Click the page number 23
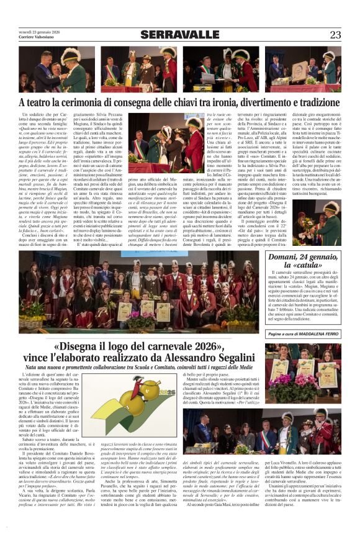point(336,35)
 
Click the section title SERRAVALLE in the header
point(179,35)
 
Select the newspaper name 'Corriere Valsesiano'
point(35,38)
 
